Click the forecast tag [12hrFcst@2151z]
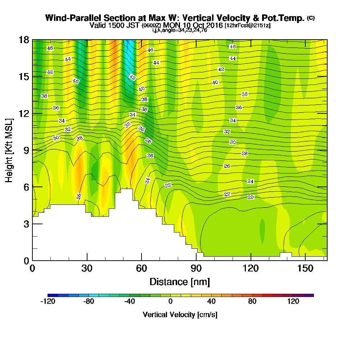[247, 26]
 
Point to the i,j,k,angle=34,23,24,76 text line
[179, 30]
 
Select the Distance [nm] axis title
[180, 281]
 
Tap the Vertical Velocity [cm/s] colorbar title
[180, 315]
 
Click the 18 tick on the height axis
[24, 40]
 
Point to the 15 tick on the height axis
[24, 77]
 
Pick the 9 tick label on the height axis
[26, 150]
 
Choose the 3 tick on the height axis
[26, 224]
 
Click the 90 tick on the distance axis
[196, 268]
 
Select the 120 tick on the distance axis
[251, 268]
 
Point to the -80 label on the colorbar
[89, 301]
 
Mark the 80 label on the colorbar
[252, 301]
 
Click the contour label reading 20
[251, 197]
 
